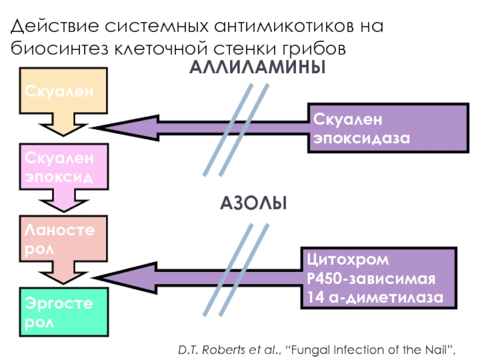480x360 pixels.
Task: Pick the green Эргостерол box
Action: (x=64, y=312)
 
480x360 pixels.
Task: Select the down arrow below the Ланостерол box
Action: (x=64, y=275)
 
